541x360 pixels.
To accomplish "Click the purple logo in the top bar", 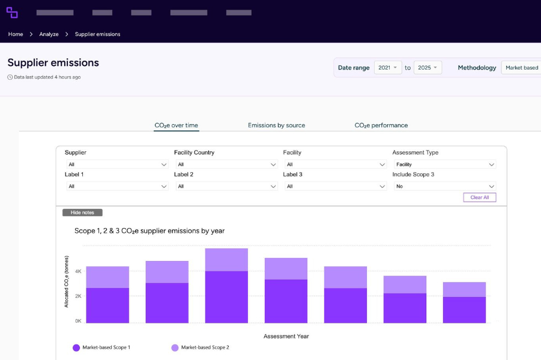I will tap(12, 13).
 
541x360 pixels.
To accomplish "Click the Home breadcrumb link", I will tap(16, 34).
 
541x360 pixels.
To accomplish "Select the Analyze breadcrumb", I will tap(49, 34).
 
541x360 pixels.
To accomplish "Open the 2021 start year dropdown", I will tap(387, 68).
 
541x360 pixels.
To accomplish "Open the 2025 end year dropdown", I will tap(428, 68).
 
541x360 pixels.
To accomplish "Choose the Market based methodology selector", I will tap(521, 68).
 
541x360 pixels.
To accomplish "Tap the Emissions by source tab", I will tap(276, 125).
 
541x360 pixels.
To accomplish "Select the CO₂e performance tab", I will tap(381, 125).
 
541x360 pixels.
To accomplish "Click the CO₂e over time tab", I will tap(176, 125).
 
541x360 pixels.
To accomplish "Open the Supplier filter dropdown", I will tap(116, 164).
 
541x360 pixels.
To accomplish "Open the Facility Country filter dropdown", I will tap(226, 164).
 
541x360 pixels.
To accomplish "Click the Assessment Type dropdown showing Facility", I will tap(444, 164).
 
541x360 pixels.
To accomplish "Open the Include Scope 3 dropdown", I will tap(444, 187).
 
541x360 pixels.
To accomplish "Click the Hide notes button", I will tap(82, 212).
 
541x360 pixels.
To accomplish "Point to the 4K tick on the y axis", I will tap(78, 271).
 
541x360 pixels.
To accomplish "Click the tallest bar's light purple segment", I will tap(226, 260).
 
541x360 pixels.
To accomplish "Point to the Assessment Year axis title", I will tap(286, 337).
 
